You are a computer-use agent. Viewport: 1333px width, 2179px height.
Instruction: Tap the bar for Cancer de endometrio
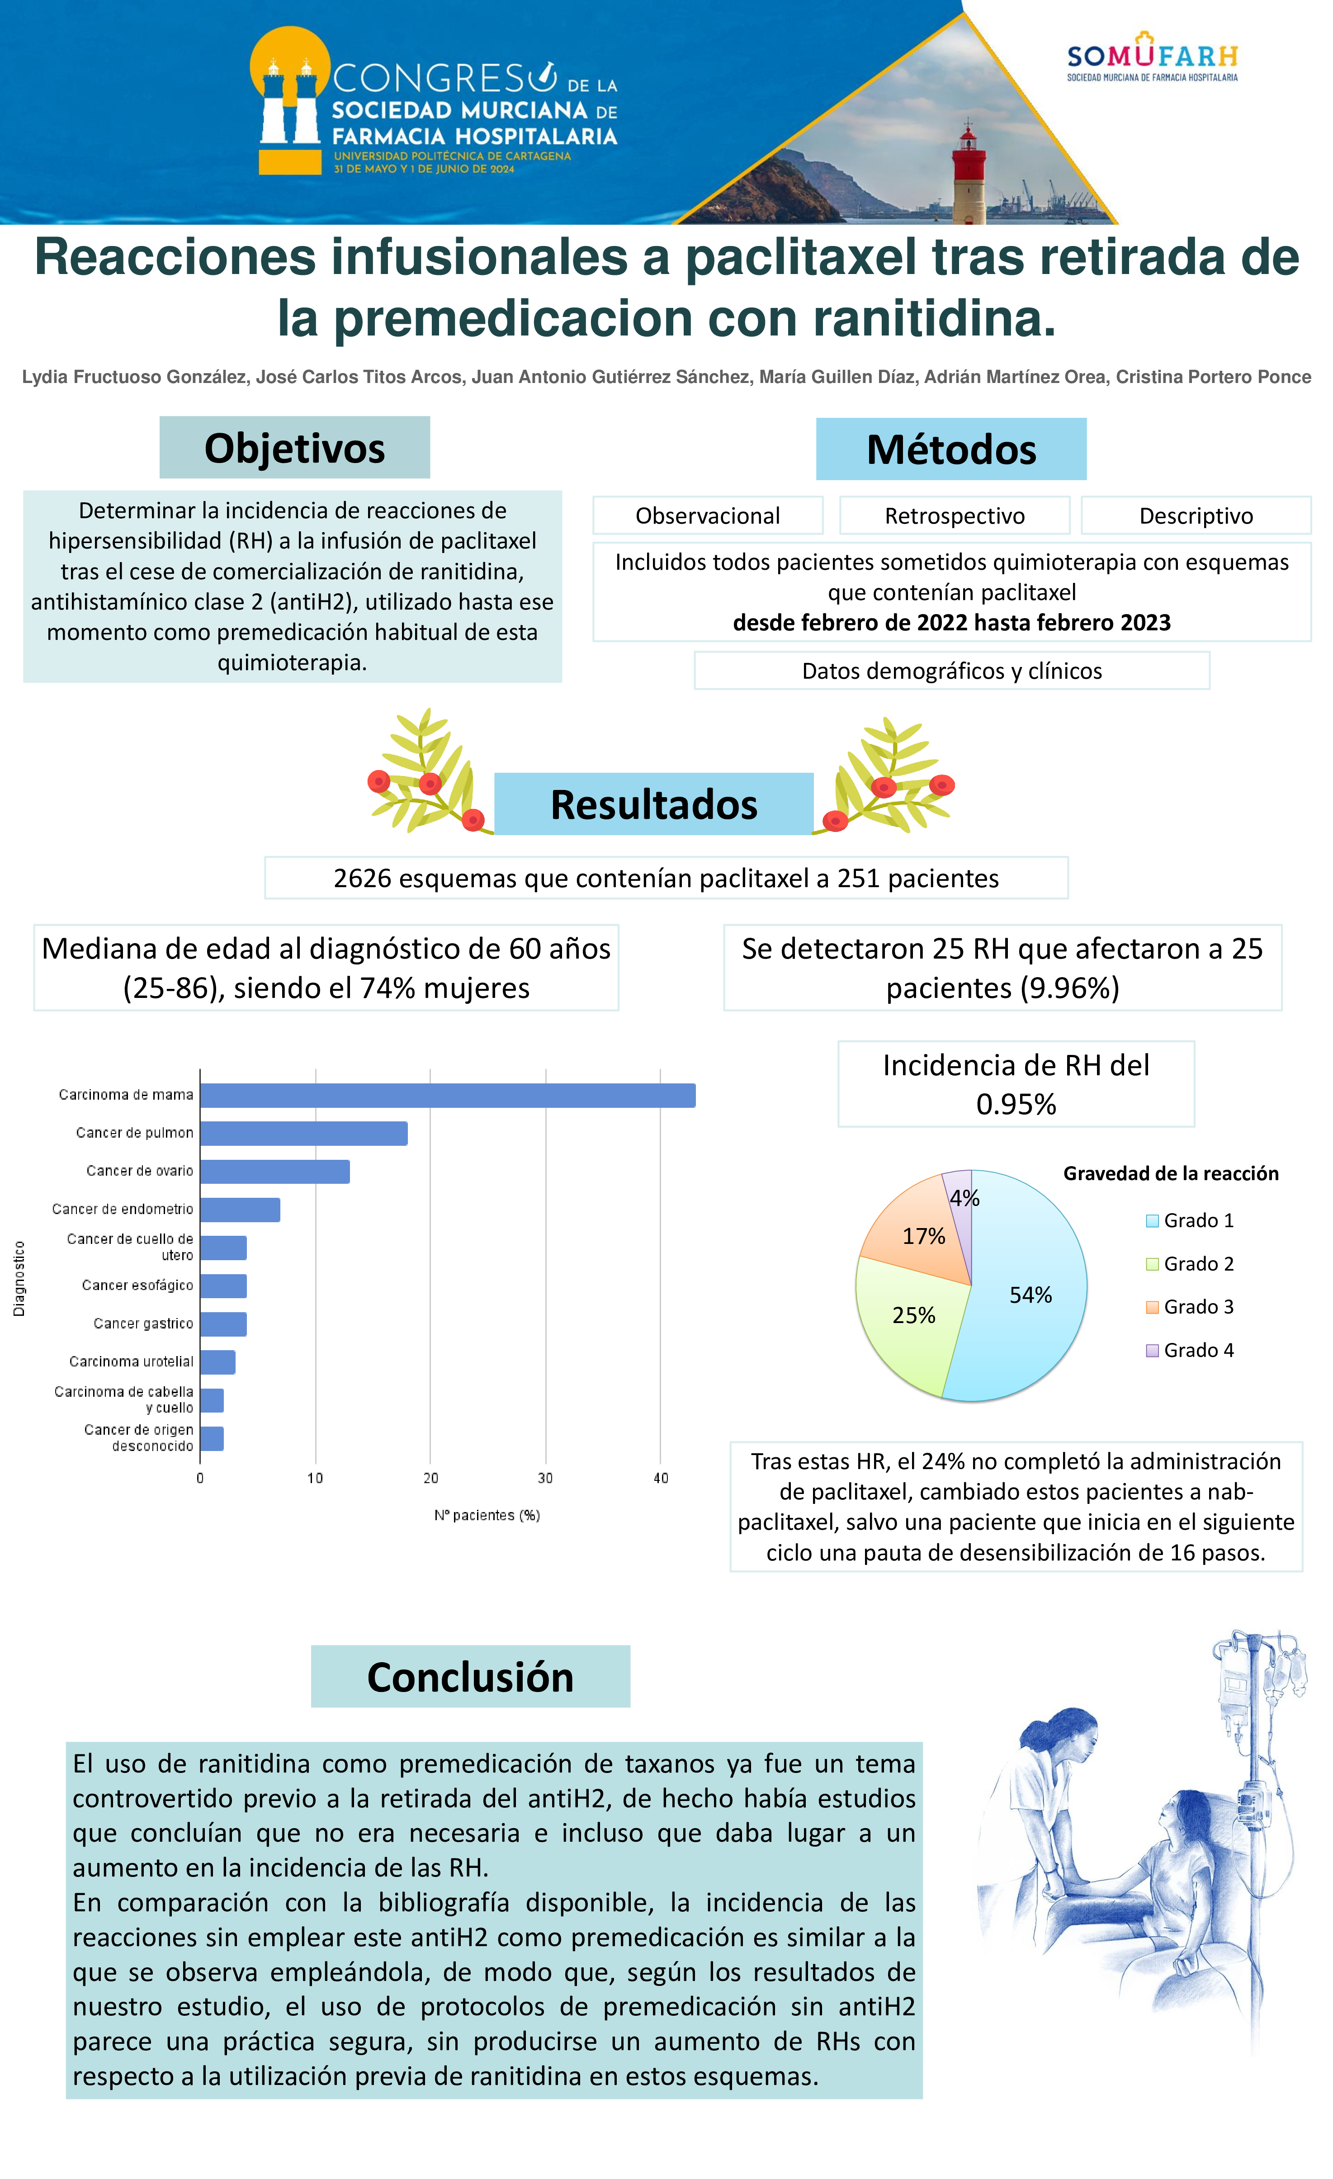(x=240, y=1209)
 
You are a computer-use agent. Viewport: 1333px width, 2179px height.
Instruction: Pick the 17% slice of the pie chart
(x=920, y=1234)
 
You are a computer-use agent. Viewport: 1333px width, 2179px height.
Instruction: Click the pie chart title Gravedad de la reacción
(x=1170, y=1173)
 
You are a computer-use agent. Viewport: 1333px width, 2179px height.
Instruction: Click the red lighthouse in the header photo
(x=968, y=177)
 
